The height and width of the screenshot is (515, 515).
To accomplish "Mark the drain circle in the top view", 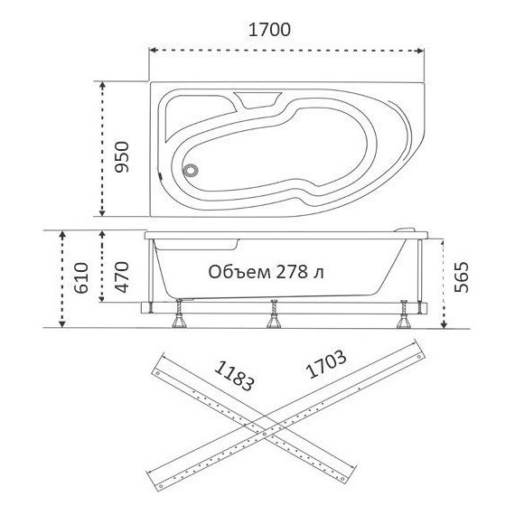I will coord(192,168).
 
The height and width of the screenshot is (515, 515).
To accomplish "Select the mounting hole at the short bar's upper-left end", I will coord(159,370).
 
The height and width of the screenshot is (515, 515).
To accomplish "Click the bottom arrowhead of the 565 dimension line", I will coord(443,325).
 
